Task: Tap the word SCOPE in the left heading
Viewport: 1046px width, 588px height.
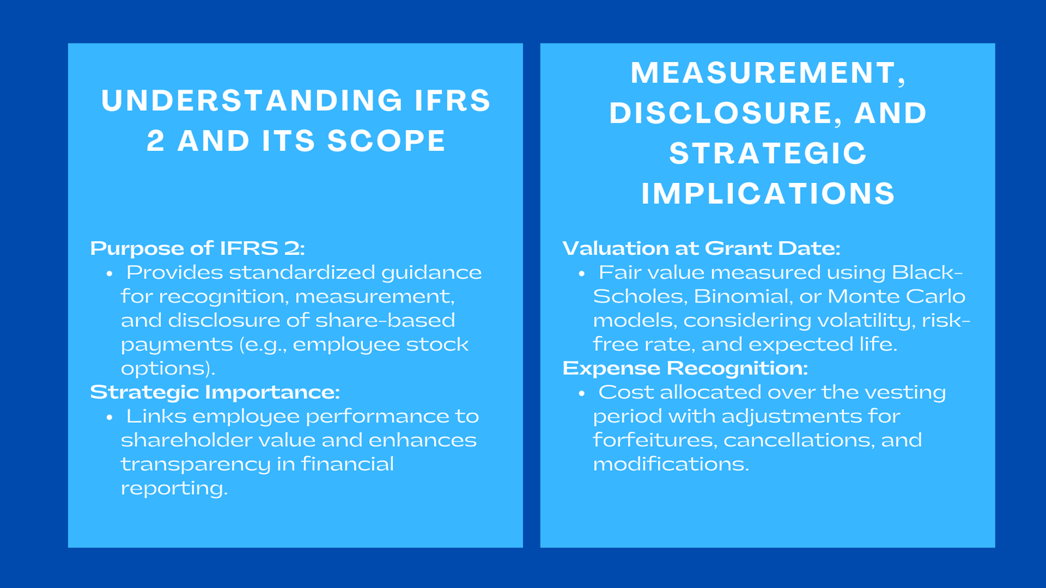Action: (386, 142)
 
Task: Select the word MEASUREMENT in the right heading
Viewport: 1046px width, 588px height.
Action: (762, 73)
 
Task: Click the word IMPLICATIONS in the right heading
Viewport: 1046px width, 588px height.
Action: (768, 194)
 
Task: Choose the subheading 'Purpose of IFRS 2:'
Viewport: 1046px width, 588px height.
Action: (197, 248)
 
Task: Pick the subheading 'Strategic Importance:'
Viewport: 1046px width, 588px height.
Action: (214, 392)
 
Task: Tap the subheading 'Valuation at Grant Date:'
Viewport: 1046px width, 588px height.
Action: (701, 248)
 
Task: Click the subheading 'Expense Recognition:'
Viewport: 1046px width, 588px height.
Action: (685, 368)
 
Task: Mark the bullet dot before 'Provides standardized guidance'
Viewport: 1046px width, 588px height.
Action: (110, 274)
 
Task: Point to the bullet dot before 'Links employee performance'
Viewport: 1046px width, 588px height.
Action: (110, 417)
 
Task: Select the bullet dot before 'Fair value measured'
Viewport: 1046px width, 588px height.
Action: (582, 274)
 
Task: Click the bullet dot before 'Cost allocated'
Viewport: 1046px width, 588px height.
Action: (582, 393)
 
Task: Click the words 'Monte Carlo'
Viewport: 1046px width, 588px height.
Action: (896, 297)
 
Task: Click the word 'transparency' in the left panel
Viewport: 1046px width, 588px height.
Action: (195, 465)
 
